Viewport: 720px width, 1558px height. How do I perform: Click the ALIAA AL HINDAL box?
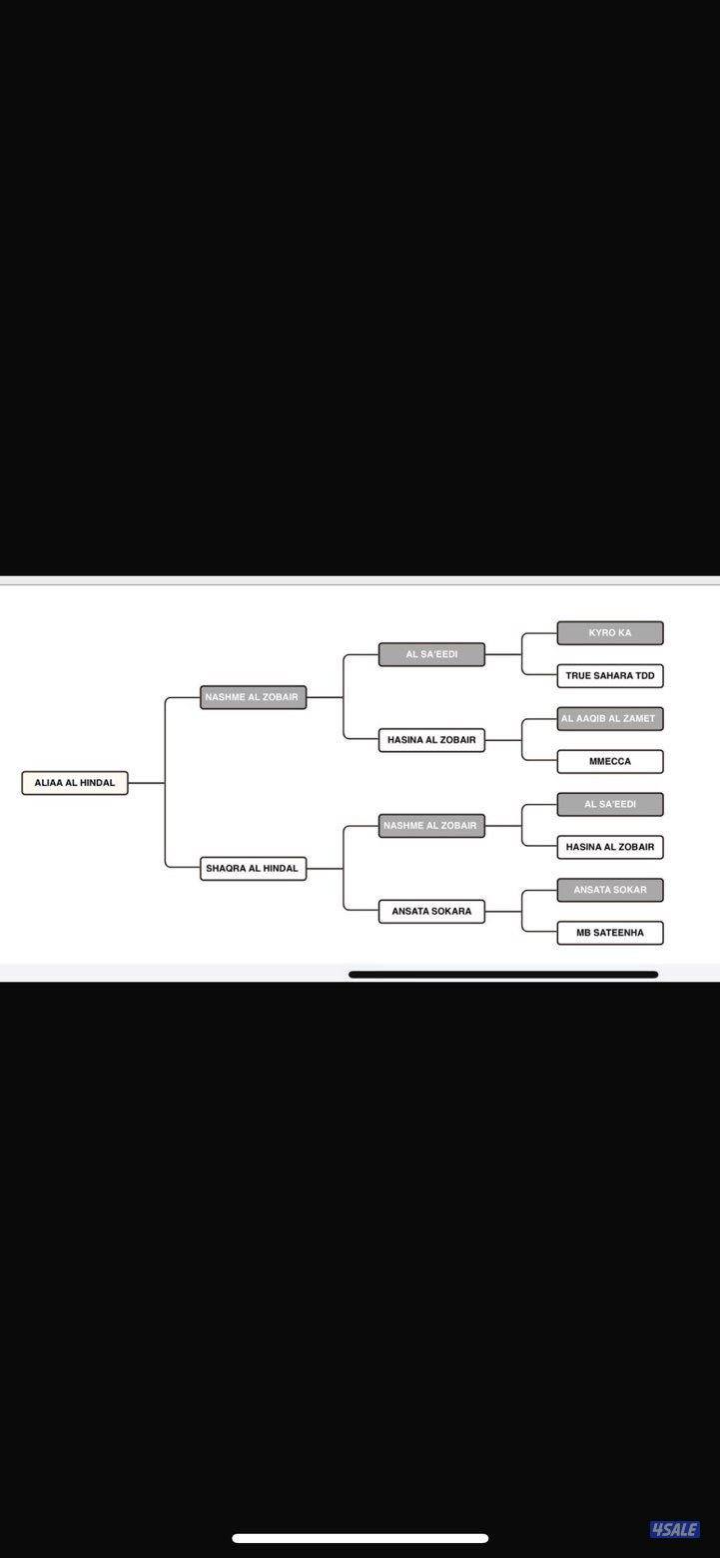tap(75, 783)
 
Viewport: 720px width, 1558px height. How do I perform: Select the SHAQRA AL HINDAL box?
tap(253, 869)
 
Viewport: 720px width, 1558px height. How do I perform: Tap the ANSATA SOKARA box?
tap(431, 912)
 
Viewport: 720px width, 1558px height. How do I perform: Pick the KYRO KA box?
tap(610, 633)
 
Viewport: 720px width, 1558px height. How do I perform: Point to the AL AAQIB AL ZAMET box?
tap(610, 719)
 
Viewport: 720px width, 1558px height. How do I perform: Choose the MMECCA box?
tap(610, 762)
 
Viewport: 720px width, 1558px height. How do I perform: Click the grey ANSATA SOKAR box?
tap(610, 890)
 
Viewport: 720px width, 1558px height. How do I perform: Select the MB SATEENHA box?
tap(610, 933)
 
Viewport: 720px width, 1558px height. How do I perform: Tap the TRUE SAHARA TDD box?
tap(610, 676)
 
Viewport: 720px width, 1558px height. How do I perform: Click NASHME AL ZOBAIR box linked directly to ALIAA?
tap(253, 697)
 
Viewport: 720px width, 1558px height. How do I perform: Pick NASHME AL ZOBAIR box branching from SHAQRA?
tap(431, 826)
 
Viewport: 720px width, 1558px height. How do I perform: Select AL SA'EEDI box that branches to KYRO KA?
tap(431, 654)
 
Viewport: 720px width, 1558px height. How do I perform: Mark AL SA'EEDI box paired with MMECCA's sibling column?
tap(610, 804)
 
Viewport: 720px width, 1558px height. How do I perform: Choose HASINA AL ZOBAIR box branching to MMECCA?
tap(431, 740)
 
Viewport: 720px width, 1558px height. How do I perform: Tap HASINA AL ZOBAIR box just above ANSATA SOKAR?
tap(610, 847)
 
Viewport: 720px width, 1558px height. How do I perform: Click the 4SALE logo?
tap(674, 1529)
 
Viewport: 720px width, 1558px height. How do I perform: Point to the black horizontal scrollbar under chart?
tap(503, 974)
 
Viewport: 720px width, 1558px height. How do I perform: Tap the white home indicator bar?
tap(360, 1538)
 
